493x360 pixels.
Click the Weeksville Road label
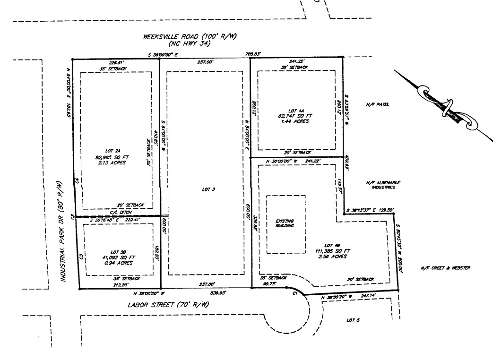point(190,37)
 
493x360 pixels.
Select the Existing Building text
point(285,223)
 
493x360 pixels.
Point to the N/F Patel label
point(377,104)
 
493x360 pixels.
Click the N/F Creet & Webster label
point(445,268)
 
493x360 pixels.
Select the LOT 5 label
point(353,320)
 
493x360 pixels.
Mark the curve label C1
point(294,293)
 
